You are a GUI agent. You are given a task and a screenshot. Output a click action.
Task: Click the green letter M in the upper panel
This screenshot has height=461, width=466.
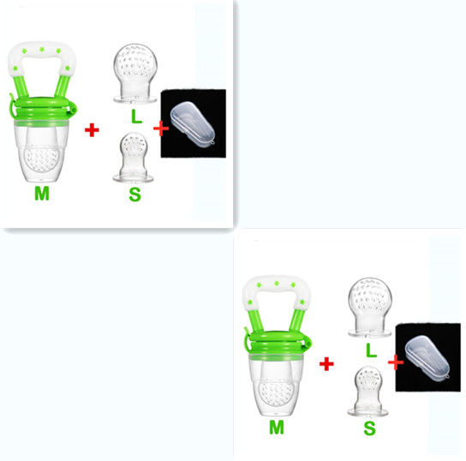pos(42,194)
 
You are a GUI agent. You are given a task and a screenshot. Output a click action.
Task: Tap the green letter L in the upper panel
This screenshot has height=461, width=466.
pos(136,117)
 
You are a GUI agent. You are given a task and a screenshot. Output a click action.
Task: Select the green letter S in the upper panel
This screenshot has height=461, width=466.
pos(135,195)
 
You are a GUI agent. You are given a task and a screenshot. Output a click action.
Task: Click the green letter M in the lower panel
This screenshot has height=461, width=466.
pos(277,428)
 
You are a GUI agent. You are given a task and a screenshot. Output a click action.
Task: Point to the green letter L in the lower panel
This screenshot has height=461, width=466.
pos(371,350)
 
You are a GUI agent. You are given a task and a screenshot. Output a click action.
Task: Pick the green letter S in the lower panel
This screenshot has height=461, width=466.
pos(370,428)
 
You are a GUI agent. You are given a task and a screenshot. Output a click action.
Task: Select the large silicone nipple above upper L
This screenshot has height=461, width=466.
pos(135,74)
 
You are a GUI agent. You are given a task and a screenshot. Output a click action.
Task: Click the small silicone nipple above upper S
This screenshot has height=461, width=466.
pos(133,157)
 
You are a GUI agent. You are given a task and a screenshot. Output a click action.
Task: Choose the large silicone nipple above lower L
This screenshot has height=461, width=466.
pos(370,308)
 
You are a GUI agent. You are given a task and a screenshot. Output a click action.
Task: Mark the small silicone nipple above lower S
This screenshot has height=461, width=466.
pos(368,391)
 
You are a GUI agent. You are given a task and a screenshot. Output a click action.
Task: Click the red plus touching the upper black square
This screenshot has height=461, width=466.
pos(161,129)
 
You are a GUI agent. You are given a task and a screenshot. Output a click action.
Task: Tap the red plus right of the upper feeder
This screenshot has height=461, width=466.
pos(92,130)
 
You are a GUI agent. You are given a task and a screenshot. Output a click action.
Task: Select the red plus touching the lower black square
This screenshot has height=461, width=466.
pos(396,362)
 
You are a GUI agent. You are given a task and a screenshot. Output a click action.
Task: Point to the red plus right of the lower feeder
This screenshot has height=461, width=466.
pos(326,364)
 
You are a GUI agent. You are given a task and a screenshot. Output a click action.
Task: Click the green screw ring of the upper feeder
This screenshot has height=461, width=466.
pos(43,109)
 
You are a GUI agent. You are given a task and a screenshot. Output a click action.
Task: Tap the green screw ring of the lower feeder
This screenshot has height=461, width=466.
pos(278,343)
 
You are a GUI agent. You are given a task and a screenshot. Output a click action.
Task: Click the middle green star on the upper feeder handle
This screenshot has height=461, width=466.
pos(42,49)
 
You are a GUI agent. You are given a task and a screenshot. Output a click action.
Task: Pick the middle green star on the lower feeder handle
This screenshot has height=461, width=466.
pos(277,284)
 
